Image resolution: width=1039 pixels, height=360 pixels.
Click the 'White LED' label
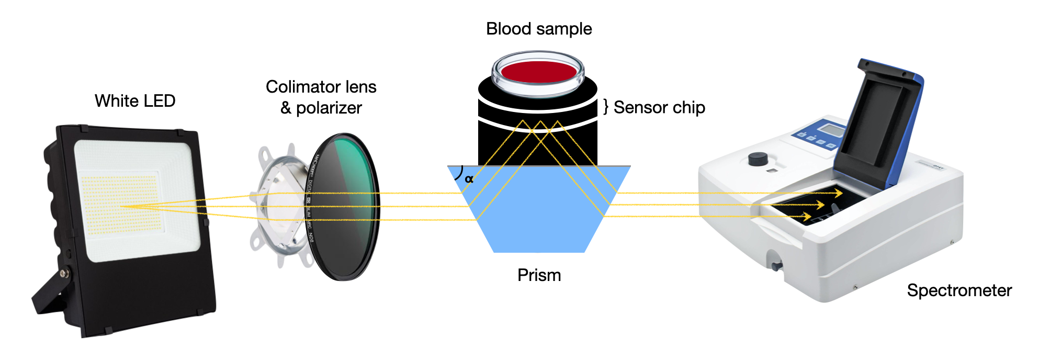tap(135, 100)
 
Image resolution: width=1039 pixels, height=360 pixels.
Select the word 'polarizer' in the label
tap(329, 108)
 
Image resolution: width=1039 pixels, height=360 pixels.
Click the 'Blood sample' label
tap(539, 29)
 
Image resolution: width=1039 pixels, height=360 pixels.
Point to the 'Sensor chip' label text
tap(659, 107)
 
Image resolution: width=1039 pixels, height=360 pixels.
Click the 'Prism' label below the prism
tap(539, 275)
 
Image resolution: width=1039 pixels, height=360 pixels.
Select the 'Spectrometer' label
tap(959, 290)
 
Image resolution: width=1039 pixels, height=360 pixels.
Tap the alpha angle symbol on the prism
tap(469, 179)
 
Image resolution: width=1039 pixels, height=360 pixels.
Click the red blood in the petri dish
tap(538, 71)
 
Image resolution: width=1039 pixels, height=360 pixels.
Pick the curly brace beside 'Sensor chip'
tap(606, 107)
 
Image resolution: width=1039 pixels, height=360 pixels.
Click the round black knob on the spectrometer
tap(758, 159)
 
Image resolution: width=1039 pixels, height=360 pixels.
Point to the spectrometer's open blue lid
tap(884, 120)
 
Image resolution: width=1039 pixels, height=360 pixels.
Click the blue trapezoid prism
tap(539, 220)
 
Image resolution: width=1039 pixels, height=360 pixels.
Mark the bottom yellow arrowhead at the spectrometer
tap(807, 216)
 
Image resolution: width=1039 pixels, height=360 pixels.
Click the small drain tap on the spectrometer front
tap(774, 262)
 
